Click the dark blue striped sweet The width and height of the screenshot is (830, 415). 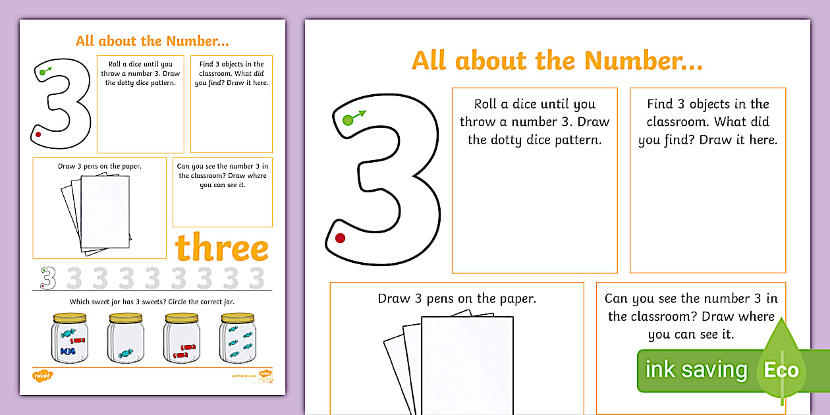click(x=67, y=352)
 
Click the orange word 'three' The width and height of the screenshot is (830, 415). click(x=221, y=248)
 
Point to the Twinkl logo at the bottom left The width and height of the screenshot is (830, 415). click(x=42, y=375)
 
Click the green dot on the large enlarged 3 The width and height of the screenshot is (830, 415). click(x=348, y=120)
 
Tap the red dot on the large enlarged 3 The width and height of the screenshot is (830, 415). click(x=340, y=238)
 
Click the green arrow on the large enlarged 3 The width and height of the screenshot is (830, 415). click(x=360, y=115)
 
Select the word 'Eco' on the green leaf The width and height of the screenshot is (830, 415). click(x=781, y=370)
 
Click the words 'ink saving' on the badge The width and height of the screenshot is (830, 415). click(x=696, y=370)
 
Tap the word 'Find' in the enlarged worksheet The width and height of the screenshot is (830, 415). click(x=661, y=104)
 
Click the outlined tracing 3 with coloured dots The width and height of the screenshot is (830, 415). click(x=47, y=278)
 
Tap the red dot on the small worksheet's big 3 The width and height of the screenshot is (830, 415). click(x=38, y=134)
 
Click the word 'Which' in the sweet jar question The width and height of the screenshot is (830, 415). click(x=80, y=302)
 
